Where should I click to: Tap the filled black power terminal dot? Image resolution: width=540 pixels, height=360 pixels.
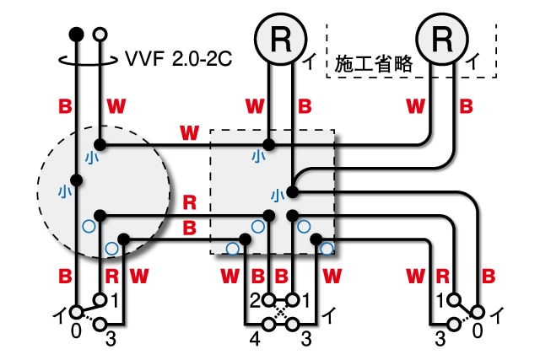tap(76, 34)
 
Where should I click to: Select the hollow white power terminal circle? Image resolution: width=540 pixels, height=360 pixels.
tap(100, 34)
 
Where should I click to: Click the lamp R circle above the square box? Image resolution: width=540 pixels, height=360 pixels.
tap(280, 37)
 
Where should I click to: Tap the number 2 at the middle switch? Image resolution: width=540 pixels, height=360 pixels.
tap(254, 300)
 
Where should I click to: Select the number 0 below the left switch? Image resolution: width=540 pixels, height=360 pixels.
tap(76, 331)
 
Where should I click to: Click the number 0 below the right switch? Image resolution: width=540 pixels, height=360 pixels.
tap(478, 331)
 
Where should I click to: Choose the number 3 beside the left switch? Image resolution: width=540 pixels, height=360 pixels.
tap(111, 339)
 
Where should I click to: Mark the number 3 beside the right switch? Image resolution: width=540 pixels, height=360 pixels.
tap(440, 339)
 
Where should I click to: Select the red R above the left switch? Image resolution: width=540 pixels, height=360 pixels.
tap(111, 275)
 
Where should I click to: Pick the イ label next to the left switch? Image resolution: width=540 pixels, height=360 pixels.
tap(60, 314)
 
